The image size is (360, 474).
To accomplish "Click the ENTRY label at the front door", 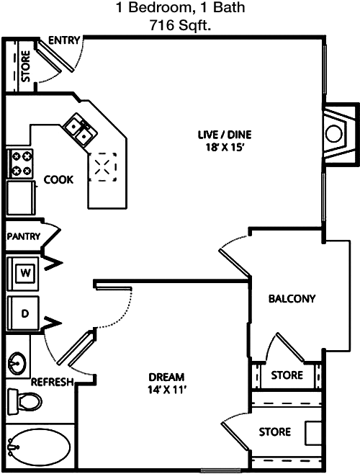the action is [x=64, y=40].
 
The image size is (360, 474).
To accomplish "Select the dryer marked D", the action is [x=23, y=313].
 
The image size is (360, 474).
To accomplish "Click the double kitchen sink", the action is [x=80, y=130].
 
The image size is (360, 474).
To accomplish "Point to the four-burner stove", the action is [x=21, y=164].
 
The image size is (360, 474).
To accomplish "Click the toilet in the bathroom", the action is [x=24, y=402].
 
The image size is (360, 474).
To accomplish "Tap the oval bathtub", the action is [x=40, y=447].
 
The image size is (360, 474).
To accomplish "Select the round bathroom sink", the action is [x=17, y=363].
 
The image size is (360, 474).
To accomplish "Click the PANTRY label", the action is [x=24, y=236].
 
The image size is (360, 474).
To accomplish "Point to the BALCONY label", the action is [x=292, y=299].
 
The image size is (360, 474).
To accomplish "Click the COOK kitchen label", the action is [x=58, y=179].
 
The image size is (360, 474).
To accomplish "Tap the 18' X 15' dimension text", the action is [x=225, y=147].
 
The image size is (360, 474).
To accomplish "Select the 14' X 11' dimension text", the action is [x=166, y=390].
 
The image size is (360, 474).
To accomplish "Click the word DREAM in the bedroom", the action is [x=166, y=377].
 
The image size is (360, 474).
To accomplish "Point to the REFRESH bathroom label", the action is [x=53, y=382].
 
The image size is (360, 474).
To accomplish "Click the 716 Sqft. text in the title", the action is [x=180, y=26].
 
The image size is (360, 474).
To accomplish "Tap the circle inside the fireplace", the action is [x=334, y=134].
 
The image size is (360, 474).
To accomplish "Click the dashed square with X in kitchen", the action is [x=102, y=167].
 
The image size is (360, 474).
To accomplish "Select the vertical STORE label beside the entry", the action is [x=26, y=66].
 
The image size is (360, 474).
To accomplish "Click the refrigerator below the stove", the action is [x=21, y=198].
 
